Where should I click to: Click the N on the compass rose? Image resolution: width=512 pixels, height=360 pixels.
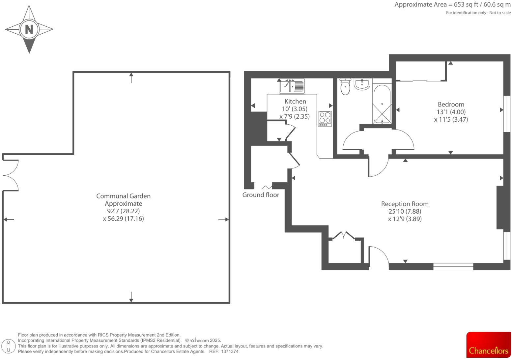(x=29, y=29)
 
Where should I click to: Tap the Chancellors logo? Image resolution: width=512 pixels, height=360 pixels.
(x=488, y=345)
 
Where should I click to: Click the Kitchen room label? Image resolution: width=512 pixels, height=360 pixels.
(x=295, y=102)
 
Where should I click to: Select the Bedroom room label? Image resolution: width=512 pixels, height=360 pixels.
(x=451, y=105)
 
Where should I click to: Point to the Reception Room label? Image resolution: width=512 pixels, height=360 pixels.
(x=405, y=204)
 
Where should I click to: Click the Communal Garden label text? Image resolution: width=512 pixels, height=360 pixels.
(x=123, y=196)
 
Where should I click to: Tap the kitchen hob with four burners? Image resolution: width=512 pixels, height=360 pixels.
(x=325, y=118)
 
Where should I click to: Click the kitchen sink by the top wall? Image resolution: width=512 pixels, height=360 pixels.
(x=292, y=86)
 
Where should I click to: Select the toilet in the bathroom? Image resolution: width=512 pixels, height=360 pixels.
(x=345, y=86)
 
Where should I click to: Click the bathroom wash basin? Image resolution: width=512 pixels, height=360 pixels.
(x=362, y=84)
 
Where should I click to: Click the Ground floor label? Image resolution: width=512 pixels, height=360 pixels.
(x=261, y=195)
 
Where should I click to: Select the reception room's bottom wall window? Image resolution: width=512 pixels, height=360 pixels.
(x=453, y=266)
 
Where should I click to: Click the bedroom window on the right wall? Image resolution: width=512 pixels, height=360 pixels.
(x=507, y=114)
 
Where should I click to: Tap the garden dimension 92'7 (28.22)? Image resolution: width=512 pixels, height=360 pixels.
(x=123, y=211)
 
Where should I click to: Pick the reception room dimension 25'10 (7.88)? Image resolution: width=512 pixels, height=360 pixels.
(x=405, y=212)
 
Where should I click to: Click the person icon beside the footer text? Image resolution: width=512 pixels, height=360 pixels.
(x=9, y=346)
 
